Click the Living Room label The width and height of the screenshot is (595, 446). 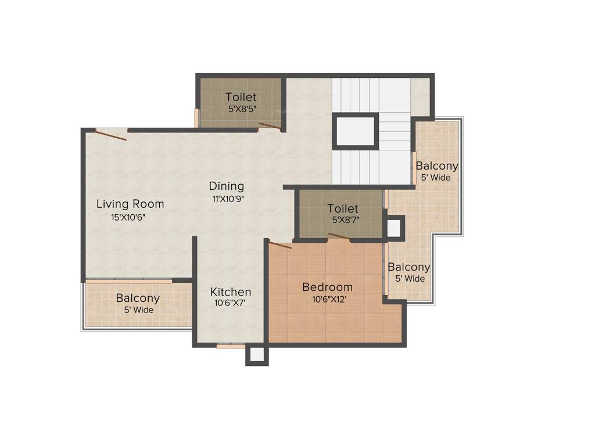point(130,204)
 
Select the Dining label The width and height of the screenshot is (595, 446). point(227,186)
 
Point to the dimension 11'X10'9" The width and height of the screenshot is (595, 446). point(228,199)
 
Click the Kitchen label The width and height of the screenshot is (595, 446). point(231,292)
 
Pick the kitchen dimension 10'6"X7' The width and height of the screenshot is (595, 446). point(230,303)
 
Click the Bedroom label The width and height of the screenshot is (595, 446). point(327,287)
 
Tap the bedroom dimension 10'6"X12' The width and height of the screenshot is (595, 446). point(327,300)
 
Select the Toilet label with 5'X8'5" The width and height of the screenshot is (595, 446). point(241,97)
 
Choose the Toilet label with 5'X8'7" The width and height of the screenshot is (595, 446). point(342,208)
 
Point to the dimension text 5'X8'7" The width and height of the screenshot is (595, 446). point(345,220)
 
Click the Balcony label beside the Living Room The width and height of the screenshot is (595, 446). point(138,298)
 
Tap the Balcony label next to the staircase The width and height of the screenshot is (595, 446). point(437,166)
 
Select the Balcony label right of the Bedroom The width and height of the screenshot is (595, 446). point(409,267)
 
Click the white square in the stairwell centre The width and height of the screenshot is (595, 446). point(355,132)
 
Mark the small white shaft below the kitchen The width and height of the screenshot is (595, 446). point(257,355)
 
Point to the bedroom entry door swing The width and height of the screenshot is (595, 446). point(280,244)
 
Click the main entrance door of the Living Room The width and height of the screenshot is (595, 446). point(111,135)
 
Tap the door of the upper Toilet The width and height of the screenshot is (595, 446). point(270,125)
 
